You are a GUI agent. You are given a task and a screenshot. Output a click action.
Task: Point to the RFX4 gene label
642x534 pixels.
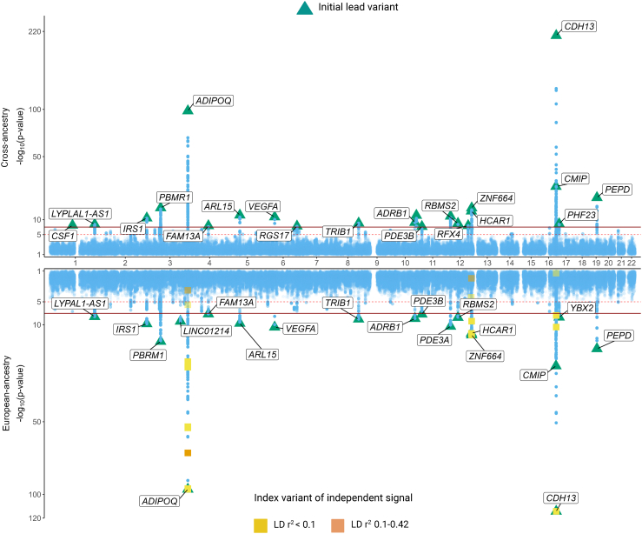[448, 234]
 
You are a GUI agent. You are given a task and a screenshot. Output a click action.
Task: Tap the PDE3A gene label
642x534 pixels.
[434, 340]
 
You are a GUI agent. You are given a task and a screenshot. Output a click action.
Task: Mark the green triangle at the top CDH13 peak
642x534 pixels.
[556, 34]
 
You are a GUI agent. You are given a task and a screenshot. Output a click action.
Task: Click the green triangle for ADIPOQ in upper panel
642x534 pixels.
[188, 109]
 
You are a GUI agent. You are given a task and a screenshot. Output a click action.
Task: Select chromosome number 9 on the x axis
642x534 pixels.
[376, 262]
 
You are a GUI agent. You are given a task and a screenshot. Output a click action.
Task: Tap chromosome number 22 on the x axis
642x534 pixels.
[632, 262]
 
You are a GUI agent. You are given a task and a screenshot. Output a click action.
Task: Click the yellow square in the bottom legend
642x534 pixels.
[260, 524]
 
